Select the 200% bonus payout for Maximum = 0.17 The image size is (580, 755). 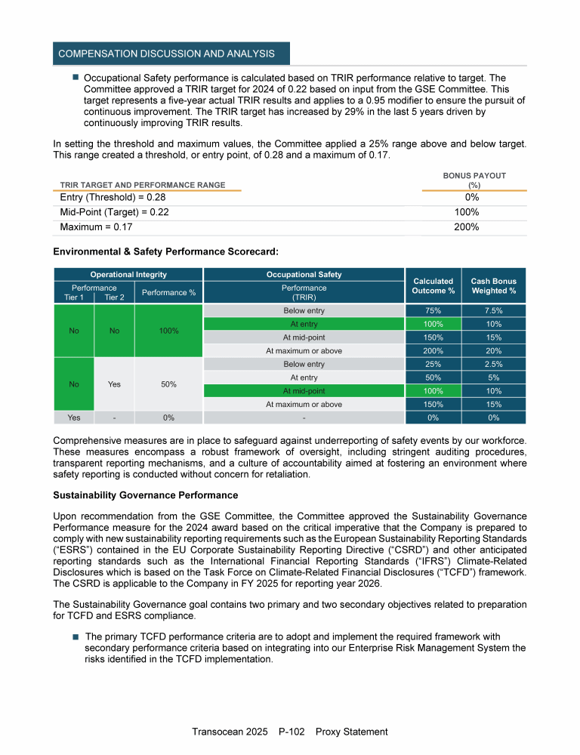[x=467, y=227]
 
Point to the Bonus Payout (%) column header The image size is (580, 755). [x=475, y=180]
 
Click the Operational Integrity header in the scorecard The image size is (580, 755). [x=128, y=275]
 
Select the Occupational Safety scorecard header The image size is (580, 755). [x=304, y=275]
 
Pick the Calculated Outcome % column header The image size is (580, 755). [x=433, y=285]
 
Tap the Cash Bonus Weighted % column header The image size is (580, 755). [x=493, y=285]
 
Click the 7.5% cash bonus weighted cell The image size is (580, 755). [x=493, y=310]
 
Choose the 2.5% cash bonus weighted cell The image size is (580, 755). [x=493, y=364]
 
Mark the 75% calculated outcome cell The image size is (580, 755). [x=433, y=310]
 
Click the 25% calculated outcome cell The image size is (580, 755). [x=433, y=364]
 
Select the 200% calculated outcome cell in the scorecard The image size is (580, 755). [x=433, y=350]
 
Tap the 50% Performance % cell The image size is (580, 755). [x=168, y=384]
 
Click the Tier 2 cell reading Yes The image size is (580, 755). [x=114, y=384]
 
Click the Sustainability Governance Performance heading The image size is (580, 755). [x=145, y=495]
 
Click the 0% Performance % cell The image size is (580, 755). [x=168, y=418]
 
